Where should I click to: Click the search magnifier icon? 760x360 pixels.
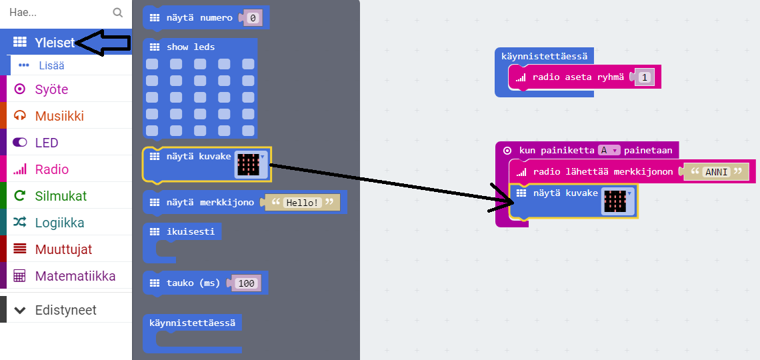[118, 13]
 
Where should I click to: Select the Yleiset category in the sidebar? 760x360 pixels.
[54, 43]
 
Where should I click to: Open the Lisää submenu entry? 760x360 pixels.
[51, 65]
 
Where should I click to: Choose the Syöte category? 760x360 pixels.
[51, 89]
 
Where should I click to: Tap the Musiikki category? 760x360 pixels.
[59, 116]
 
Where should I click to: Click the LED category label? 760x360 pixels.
[47, 143]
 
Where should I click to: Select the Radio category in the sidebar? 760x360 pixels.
[52, 169]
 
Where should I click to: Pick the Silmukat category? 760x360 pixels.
[61, 196]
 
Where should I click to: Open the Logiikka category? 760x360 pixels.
[59, 223]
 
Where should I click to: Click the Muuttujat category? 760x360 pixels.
[63, 249]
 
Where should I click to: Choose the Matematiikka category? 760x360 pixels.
[75, 276]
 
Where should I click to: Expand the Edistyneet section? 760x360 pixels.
[65, 310]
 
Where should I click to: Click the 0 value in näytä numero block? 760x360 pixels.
[253, 18]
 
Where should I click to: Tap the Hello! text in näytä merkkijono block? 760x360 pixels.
[302, 202]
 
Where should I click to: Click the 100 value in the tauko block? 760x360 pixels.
[247, 283]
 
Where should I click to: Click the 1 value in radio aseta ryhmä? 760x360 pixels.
[643, 77]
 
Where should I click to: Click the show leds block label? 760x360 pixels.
[191, 47]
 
